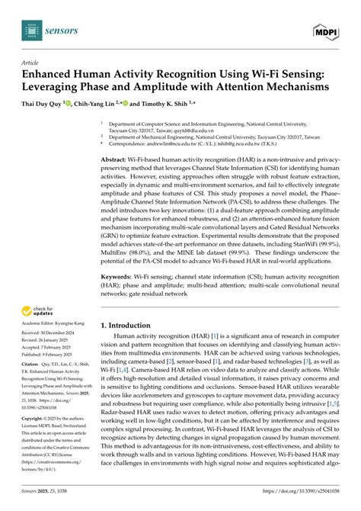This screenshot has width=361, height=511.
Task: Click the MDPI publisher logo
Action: pos(325,30)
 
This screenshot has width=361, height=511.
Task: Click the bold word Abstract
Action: pos(117,159)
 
